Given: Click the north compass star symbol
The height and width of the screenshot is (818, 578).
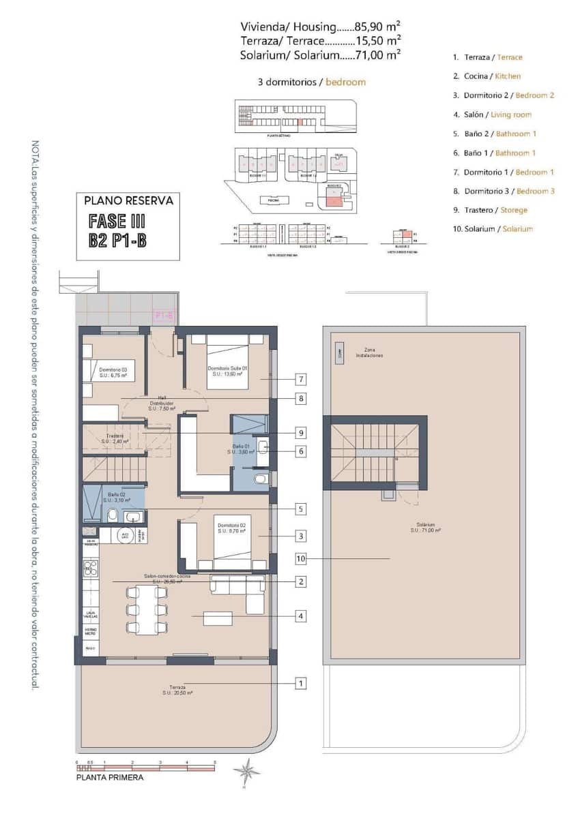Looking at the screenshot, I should tap(246, 773).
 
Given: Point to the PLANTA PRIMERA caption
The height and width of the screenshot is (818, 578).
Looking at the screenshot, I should tap(110, 776).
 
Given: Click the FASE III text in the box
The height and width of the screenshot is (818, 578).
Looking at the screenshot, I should tap(117, 222).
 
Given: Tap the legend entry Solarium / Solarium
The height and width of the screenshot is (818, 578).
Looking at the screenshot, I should tap(492, 229).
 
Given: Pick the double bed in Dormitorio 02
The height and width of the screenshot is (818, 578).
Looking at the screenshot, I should tap(232, 543).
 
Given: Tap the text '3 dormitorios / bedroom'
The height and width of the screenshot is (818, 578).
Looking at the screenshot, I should tap(311, 82).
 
